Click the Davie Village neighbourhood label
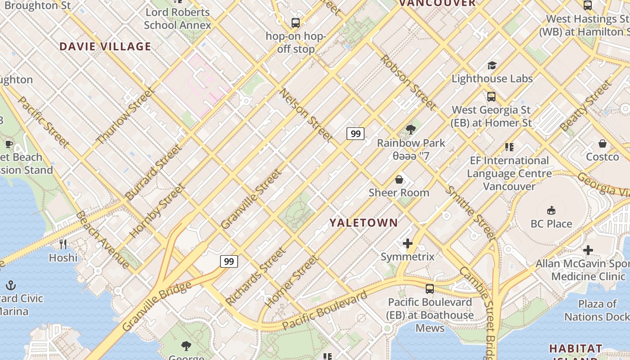click(x=105, y=47)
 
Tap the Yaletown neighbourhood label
click(x=364, y=223)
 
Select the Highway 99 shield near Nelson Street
click(x=355, y=133)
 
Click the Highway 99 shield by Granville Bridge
click(x=229, y=261)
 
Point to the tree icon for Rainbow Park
click(x=410, y=130)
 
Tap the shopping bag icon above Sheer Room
click(x=399, y=180)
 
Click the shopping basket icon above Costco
click(x=602, y=144)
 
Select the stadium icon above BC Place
click(x=551, y=210)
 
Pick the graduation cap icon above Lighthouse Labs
click(x=492, y=66)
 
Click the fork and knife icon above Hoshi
click(x=63, y=244)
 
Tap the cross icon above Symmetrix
click(x=407, y=243)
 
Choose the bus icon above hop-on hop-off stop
click(x=295, y=22)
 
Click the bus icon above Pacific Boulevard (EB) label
click(x=430, y=288)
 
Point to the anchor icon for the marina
click(x=11, y=285)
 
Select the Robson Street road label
click(x=408, y=82)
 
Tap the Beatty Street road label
click(x=586, y=106)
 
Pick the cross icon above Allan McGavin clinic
click(x=588, y=250)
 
